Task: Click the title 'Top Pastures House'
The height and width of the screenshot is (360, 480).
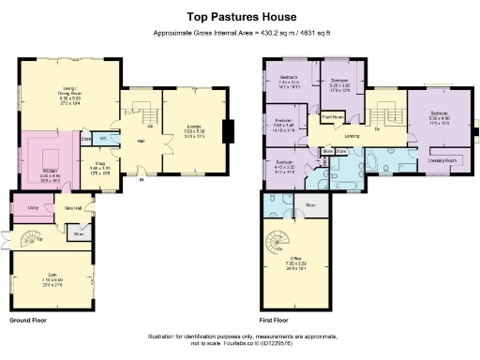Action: pyautogui.click(x=239, y=16)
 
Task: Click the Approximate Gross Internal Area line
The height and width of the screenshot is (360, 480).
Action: pyautogui.click(x=239, y=33)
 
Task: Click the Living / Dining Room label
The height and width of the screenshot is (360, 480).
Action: pyautogui.click(x=71, y=93)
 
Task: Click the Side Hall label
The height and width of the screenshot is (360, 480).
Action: pyautogui.click(x=72, y=207)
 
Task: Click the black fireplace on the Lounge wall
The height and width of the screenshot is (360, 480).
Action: pyautogui.click(x=226, y=132)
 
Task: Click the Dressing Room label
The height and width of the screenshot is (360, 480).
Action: pyautogui.click(x=442, y=160)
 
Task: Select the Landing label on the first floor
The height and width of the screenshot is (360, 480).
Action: pyautogui.click(x=353, y=136)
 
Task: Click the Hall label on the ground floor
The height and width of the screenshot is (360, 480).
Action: pyautogui.click(x=142, y=141)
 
